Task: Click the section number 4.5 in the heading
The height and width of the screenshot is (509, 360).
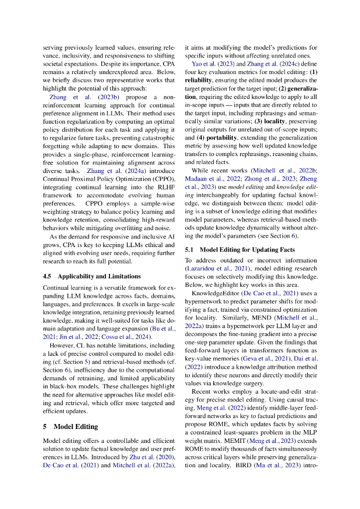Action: pyautogui.click(x=48, y=276)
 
